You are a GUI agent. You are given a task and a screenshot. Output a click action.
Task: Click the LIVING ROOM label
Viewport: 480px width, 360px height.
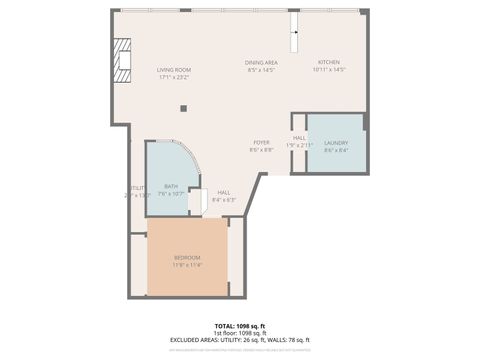tap(173, 69)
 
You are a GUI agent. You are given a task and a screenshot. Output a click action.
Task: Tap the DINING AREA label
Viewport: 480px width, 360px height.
tap(261, 63)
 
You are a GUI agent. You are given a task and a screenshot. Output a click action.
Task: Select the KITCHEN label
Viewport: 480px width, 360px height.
tap(329, 62)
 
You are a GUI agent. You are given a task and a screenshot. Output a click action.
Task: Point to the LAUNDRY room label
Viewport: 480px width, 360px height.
tap(336, 144)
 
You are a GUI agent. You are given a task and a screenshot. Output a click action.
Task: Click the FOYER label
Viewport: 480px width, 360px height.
tap(262, 143)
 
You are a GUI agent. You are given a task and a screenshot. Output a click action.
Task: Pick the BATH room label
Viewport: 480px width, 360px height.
tap(171, 186)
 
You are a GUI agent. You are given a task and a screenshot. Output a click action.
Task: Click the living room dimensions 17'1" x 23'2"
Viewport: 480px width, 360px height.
tap(173, 76)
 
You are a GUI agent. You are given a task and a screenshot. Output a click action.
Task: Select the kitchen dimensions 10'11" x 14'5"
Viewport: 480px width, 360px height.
tap(329, 70)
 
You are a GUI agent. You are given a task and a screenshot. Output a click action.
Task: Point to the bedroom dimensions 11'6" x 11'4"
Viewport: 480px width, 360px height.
tap(187, 265)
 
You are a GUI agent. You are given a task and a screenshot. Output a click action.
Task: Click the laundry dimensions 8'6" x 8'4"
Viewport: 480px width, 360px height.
tap(336, 151)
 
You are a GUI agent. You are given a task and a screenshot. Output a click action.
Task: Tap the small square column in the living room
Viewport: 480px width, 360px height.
tap(183, 108)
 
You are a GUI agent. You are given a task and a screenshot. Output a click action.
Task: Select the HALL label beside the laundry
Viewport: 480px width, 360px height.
tap(299, 138)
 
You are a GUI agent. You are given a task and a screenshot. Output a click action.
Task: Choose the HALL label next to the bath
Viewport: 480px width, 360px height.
tap(224, 192)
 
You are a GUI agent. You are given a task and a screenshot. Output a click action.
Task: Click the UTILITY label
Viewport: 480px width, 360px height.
tap(137, 188)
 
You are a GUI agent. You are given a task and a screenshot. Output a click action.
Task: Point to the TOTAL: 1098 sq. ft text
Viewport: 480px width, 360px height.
tap(240, 326)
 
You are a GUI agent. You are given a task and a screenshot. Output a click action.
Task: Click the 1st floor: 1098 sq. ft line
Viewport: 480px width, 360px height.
tap(240, 333)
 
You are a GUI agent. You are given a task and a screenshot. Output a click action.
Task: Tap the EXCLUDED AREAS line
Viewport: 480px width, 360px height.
tap(240, 340)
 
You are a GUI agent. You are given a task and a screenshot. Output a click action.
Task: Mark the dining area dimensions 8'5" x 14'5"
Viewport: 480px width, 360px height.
tap(261, 70)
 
